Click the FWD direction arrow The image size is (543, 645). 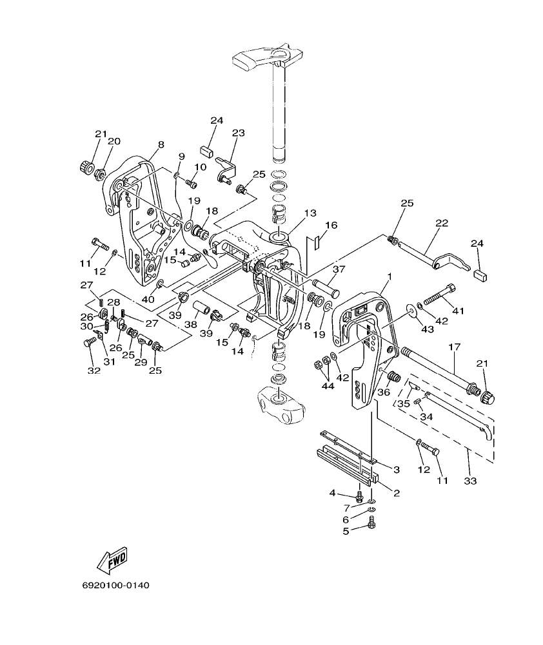pyautogui.click(x=112, y=559)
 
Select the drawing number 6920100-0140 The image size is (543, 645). pyautogui.click(x=115, y=586)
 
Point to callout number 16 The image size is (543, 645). pyautogui.click(x=331, y=226)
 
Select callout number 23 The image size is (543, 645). pyautogui.click(x=239, y=133)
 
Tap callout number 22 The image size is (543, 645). pyautogui.click(x=442, y=224)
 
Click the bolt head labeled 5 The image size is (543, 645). pyautogui.click(x=371, y=526)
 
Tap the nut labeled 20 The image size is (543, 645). pyautogui.click(x=100, y=173)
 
